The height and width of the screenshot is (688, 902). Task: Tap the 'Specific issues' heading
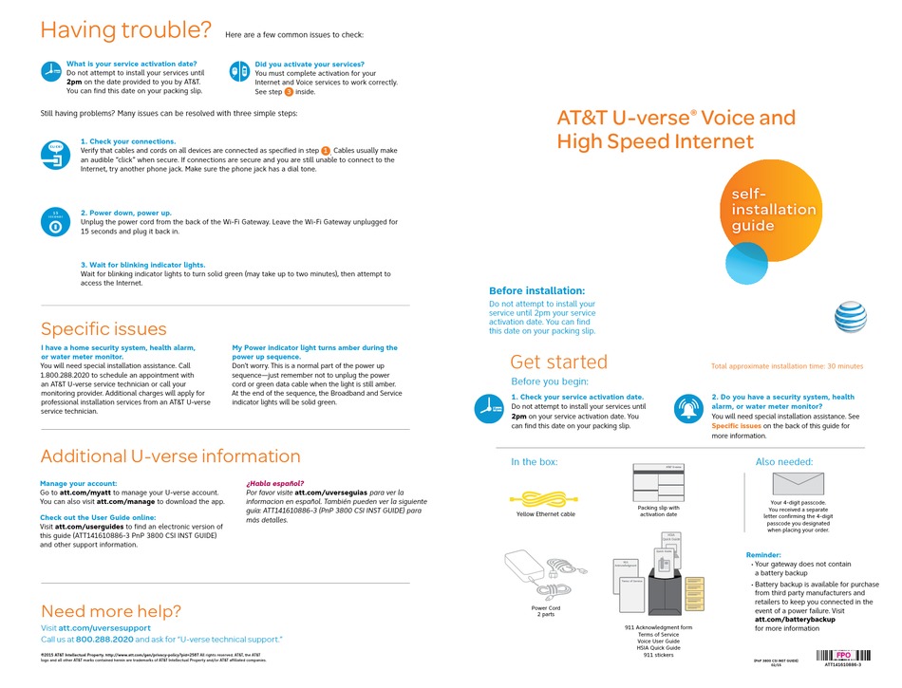[x=103, y=329]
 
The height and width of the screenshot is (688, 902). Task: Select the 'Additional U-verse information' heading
[x=170, y=456]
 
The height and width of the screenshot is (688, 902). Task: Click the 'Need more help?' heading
[x=110, y=611]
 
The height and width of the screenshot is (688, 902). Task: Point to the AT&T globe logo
[x=851, y=318]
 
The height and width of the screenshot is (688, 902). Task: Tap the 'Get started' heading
[x=558, y=362]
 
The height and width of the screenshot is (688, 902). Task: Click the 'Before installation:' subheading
[x=536, y=290]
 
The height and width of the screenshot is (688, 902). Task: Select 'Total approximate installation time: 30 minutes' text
[x=787, y=365]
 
